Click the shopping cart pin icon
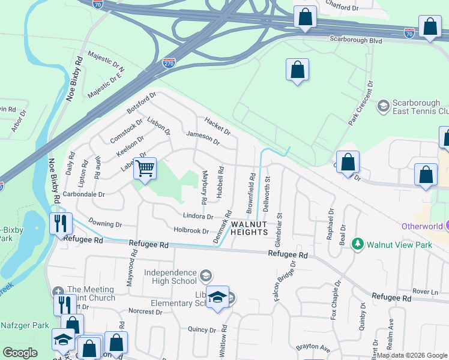145,168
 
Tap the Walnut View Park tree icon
358,244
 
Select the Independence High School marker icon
206,275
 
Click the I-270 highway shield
169,62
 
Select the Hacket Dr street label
217,125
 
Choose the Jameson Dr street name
203,137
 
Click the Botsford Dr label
142,103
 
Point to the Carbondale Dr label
88,194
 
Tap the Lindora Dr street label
197,216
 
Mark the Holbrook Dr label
190,230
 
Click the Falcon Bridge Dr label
285,281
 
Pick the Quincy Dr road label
202,329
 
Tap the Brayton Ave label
313,348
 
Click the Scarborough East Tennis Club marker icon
383,106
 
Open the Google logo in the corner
20,353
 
